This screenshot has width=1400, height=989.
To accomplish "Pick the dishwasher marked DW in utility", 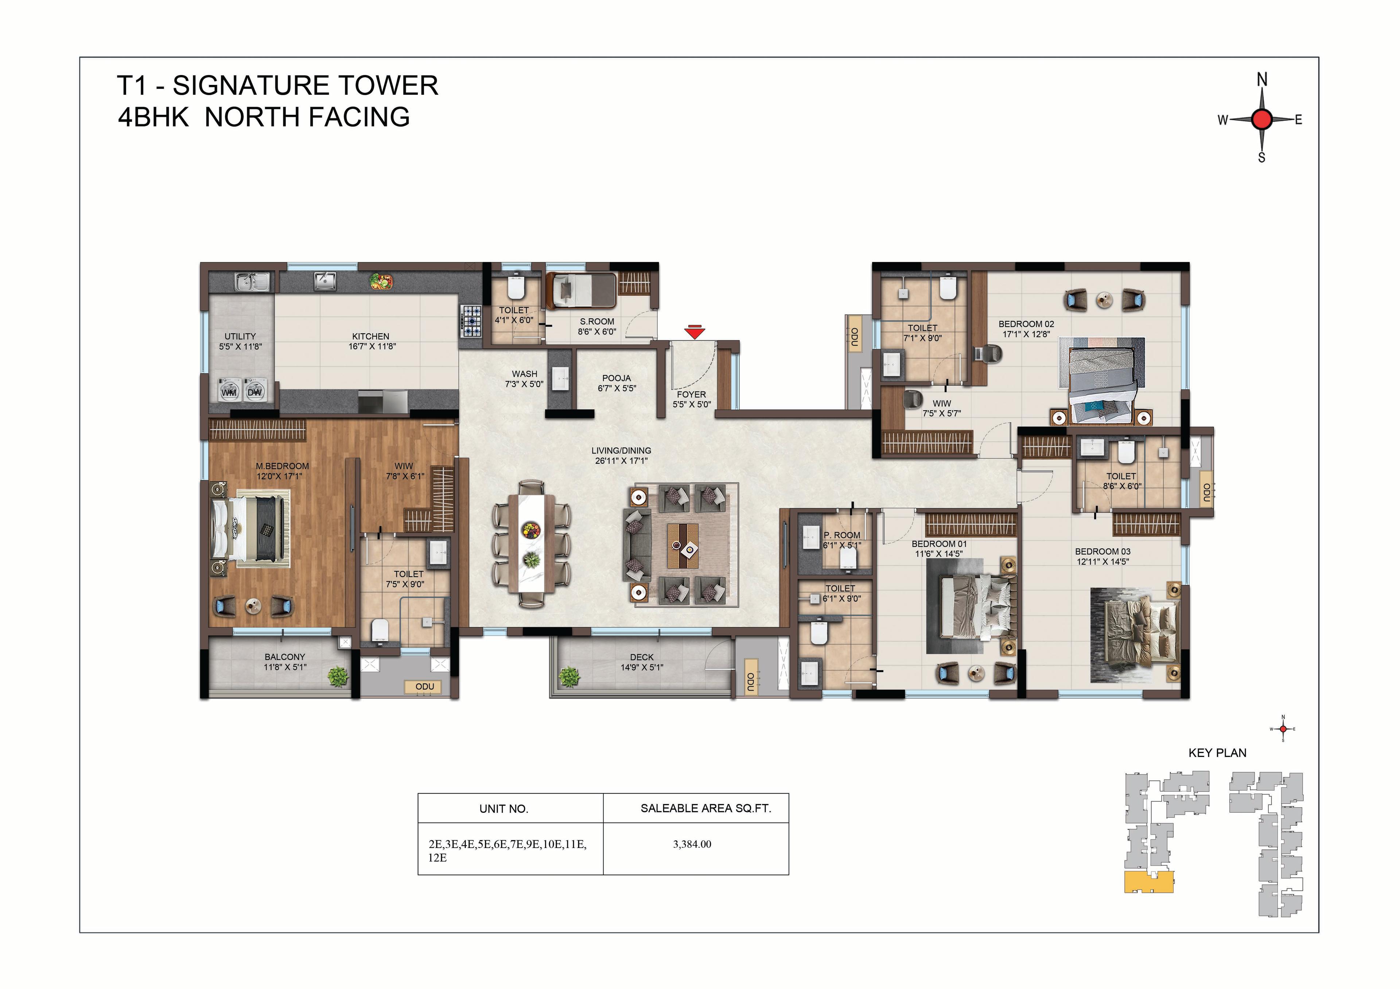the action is [x=254, y=389].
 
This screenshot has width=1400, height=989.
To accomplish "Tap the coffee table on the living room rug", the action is [x=682, y=545].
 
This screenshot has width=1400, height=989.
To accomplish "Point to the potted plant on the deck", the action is [x=568, y=676].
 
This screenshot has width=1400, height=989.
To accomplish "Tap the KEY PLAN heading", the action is [x=1217, y=753].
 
